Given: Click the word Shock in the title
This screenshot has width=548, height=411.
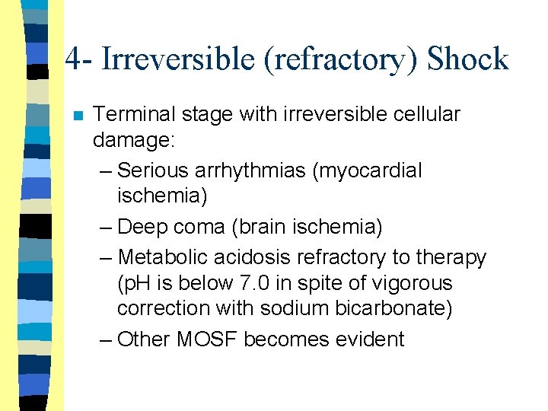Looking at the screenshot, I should coord(468,59).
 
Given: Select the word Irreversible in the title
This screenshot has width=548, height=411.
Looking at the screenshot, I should coord(178,59).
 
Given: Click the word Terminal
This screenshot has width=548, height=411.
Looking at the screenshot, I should coord(133,115).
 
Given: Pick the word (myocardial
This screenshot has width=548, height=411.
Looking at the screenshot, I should coord(367,170).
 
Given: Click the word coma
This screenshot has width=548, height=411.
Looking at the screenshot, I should coord(203,227).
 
